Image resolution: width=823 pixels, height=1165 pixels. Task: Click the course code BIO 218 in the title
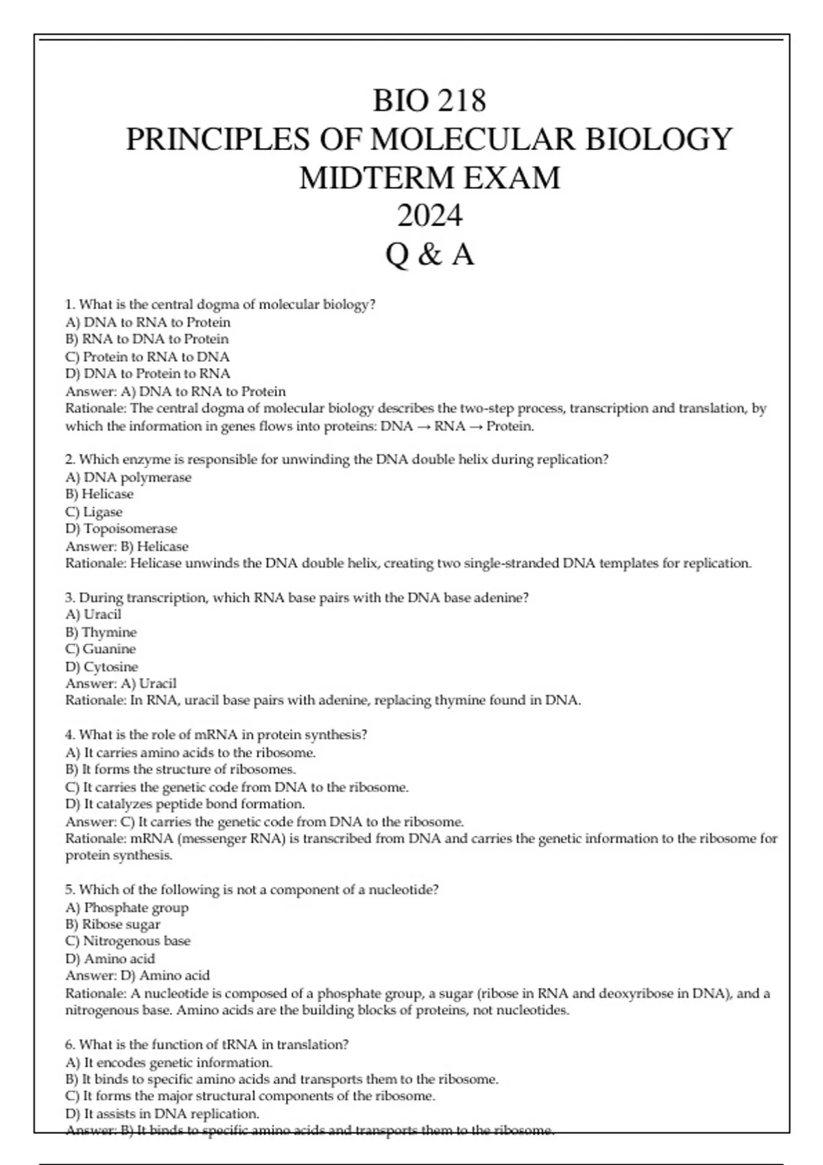(x=429, y=101)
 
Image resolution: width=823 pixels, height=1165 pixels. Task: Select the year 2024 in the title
(x=429, y=216)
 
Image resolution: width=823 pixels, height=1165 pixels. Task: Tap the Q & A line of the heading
(x=429, y=255)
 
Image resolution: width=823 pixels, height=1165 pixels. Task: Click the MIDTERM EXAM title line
(x=429, y=177)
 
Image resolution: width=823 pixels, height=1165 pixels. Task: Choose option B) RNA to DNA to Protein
(x=147, y=339)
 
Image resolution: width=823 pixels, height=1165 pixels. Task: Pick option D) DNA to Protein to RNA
(x=147, y=373)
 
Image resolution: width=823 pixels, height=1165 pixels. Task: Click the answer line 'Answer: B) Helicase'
(x=127, y=546)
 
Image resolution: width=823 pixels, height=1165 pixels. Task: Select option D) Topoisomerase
(x=121, y=528)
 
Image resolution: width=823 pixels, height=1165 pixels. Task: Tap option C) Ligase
(x=93, y=512)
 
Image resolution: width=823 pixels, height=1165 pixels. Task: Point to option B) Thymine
(x=101, y=632)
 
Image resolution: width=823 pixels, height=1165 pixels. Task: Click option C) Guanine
(x=100, y=649)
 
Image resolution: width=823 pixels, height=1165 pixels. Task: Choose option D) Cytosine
(x=102, y=667)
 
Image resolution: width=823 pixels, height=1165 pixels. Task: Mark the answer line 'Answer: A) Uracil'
(x=121, y=683)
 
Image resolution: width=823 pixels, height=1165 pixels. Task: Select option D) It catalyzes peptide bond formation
(x=185, y=804)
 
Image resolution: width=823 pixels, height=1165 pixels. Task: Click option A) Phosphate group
(x=127, y=907)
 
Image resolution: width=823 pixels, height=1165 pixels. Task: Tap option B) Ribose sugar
(x=112, y=924)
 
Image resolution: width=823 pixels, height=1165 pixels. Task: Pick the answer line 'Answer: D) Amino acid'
(x=137, y=975)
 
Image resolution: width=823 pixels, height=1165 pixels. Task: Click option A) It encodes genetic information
(x=169, y=1062)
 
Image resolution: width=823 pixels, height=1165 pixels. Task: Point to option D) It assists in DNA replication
(x=162, y=1114)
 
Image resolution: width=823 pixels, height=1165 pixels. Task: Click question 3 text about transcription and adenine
(x=297, y=598)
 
